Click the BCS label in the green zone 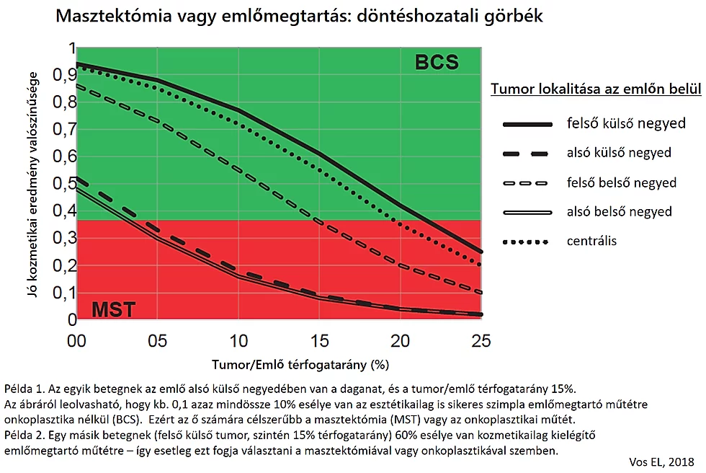pyautogui.click(x=437, y=63)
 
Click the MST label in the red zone pyautogui.click(x=113, y=311)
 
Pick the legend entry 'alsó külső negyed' pyautogui.click(x=619, y=153)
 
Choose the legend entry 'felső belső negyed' pyautogui.click(x=622, y=182)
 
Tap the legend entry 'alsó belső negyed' pyautogui.click(x=620, y=211)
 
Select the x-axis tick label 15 pyautogui.click(x=319, y=340)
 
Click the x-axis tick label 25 pyautogui.click(x=481, y=340)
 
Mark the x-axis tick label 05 pyautogui.click(x=158, y=340)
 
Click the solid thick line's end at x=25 pyautogui.click(x=481, y=252)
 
